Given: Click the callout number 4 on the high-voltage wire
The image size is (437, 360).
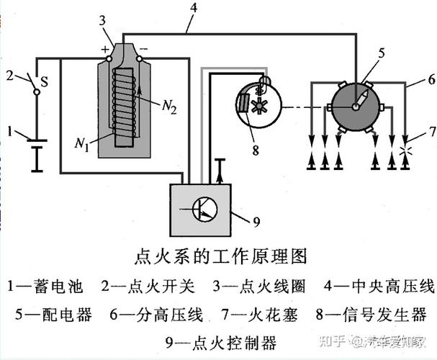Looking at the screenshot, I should [x=192, y=9].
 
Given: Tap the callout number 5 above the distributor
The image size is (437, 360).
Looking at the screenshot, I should [x=382, y=52].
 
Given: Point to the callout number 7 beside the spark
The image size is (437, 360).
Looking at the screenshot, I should [x=431, y=131].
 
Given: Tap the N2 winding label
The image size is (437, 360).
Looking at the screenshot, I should [x=170, y=109].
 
